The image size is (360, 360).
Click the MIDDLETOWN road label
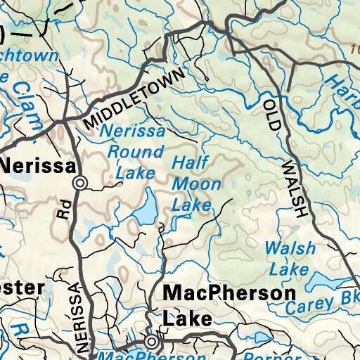click(134, 98)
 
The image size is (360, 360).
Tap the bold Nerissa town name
click(38, 166)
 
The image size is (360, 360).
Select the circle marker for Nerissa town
click(81, 183)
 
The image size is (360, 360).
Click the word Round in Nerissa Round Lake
click(134, 151)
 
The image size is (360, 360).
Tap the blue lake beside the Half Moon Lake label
click(147, 208)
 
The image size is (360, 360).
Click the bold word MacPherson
click(229, 292)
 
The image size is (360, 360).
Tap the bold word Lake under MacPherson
click(187, 319)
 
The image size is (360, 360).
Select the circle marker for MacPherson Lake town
click(152, 342)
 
